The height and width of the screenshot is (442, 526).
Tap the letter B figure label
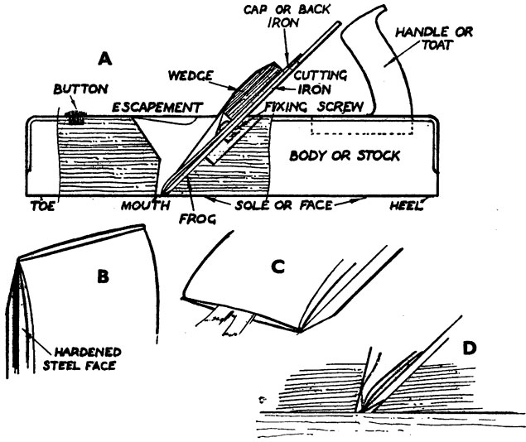pos(103,276)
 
